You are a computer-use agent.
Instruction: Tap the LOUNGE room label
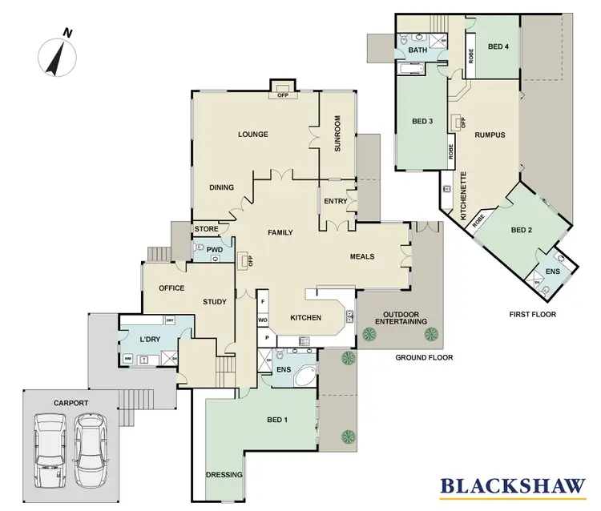tap(252, 134)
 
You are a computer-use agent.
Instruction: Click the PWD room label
tap(214, 250)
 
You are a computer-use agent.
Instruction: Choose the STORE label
tap(206, 230)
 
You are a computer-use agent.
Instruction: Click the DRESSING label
tap(224, 475)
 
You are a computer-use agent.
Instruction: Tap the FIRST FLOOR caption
tap(531, 315)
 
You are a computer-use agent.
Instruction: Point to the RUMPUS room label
tap(490, 135)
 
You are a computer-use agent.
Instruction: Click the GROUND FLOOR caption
tap(424, 358)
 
